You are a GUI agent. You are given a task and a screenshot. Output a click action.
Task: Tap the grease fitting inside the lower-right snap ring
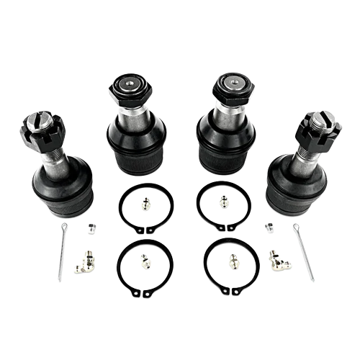tap(233, 258)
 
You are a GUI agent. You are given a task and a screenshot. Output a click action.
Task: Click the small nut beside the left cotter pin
tap(91, 228)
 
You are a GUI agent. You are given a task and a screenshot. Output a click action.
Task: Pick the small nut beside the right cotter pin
tap(268, 227)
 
